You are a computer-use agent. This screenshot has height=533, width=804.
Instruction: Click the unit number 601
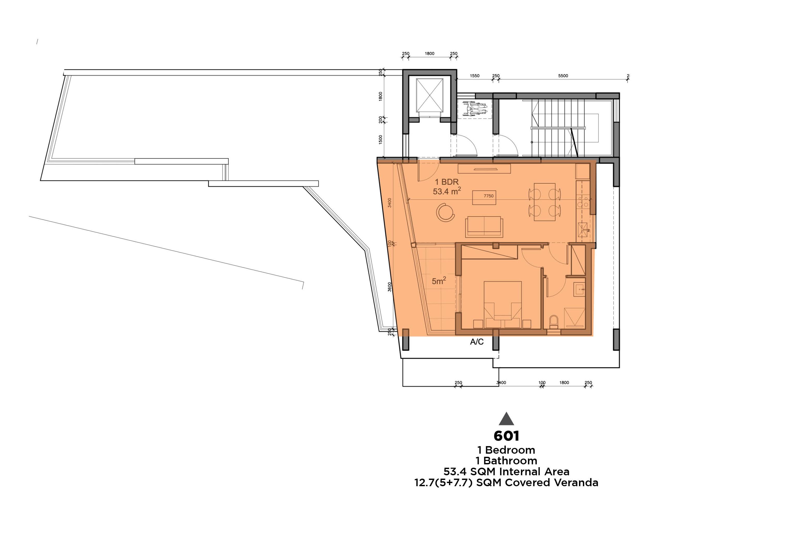506,436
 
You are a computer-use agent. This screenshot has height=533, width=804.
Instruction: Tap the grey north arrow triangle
506,419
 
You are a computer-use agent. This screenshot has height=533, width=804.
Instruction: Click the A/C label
477,342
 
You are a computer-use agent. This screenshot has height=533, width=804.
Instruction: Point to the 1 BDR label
447,182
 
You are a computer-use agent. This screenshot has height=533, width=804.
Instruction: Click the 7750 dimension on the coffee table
489,196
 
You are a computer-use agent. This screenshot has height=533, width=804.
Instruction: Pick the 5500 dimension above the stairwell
563,76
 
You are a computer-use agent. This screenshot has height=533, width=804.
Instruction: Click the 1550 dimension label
475,76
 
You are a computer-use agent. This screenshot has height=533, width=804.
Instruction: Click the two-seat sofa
484,226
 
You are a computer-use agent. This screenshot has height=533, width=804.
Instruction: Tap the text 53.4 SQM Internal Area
506,472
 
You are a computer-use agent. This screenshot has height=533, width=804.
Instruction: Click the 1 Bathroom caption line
506,461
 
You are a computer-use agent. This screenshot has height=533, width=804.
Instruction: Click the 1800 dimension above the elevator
429,53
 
